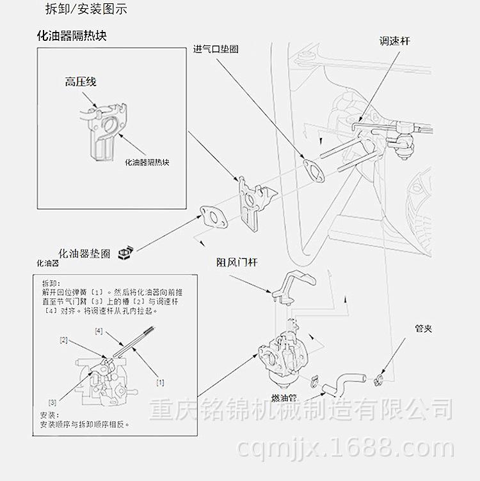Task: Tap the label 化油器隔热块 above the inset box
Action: click(x=71, y=36)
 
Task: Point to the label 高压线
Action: click(x=80, y=81)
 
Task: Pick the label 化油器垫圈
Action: click(x=84, y=253)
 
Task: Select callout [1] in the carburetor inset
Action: click(x=160, y=382)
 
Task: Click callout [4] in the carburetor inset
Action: click(x=99, y=330)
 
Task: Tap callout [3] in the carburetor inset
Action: click(x=52, y=402)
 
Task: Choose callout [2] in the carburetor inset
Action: click(x=63, y=340)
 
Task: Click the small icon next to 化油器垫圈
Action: click(x=125, y=252)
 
